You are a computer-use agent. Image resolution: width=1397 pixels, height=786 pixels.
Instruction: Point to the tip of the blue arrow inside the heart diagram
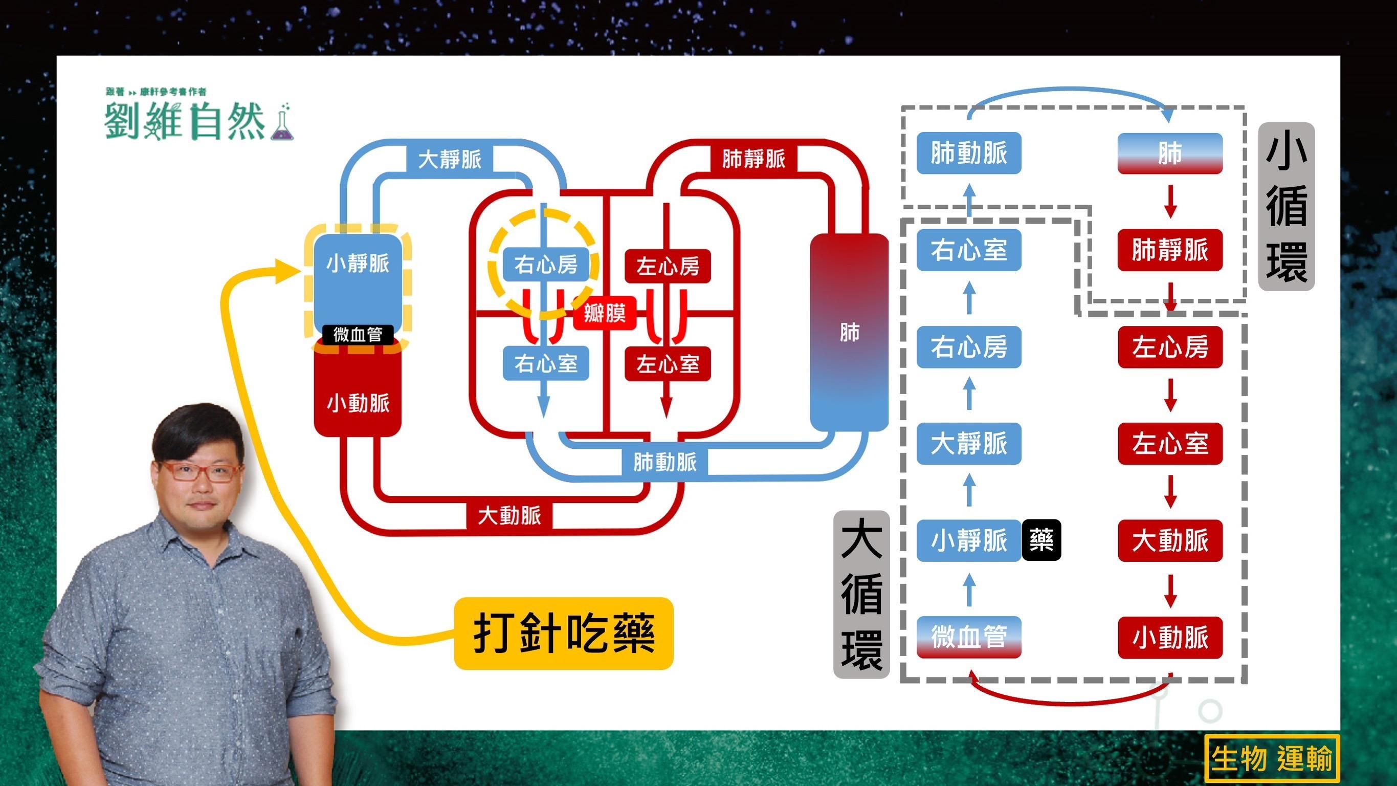click(543, 418)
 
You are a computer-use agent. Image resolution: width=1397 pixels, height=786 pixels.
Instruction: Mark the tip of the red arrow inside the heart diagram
click(667, 418)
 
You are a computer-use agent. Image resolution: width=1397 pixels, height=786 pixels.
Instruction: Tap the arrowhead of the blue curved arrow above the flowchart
click(1168, 123)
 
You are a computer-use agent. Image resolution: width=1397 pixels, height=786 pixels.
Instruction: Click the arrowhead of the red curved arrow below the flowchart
click(970, 670)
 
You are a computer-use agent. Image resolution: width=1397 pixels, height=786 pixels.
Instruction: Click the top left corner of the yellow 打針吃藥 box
click(454, 598)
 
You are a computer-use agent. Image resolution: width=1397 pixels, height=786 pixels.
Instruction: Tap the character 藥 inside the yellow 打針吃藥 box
click(633, 633)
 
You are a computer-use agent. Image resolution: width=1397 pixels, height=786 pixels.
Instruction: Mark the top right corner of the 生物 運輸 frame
click(1340, 735)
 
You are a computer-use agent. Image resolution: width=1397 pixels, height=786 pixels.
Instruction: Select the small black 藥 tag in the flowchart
click(1041, 540)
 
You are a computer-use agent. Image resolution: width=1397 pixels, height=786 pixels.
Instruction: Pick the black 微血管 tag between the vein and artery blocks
click(358, 335)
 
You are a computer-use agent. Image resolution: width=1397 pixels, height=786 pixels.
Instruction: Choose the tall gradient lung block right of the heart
click(849, 333)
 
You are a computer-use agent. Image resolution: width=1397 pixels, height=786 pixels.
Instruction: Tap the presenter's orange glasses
click(202, 471)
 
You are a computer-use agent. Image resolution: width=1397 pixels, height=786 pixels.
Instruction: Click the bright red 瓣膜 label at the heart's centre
click(605, 314)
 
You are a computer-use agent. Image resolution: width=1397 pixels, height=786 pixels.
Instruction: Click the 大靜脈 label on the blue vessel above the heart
click(450, 160)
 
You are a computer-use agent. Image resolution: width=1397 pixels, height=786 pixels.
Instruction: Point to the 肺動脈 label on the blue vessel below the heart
click(665, 462)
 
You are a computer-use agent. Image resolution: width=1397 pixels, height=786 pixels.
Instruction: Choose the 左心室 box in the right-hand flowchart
click(1170, 443)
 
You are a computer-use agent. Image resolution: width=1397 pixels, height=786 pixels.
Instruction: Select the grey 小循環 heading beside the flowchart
click(1287, 207)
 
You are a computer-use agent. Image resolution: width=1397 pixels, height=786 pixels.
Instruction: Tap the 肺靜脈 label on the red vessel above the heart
click(754, 159)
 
